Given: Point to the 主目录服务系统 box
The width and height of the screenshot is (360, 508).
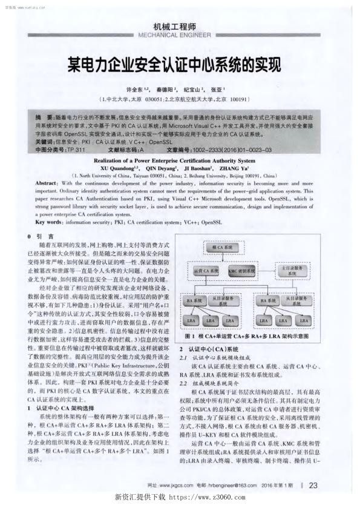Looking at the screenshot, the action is pos(292,270).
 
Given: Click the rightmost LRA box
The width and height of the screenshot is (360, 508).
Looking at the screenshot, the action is pos(303,320).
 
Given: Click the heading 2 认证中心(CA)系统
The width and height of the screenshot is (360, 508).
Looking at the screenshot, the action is pos(209,350).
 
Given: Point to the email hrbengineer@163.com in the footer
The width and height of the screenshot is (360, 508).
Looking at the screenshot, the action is pos(234,486).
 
